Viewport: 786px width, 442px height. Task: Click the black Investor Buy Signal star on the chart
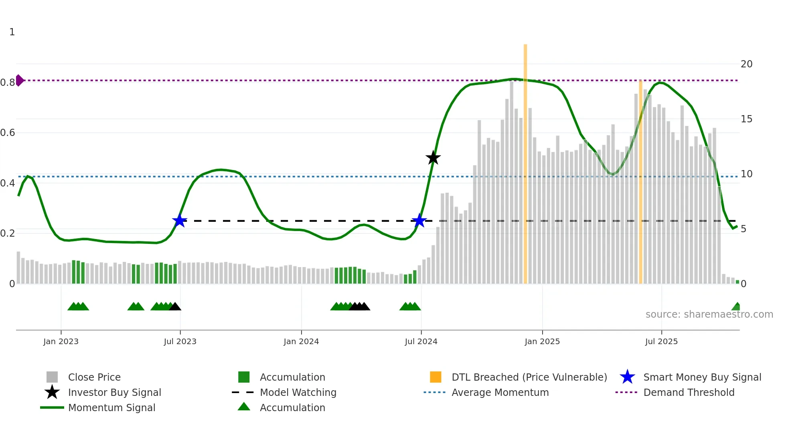point(433,158)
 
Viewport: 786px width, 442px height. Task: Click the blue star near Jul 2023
point(180,221)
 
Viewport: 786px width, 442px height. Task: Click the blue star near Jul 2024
point(419,221)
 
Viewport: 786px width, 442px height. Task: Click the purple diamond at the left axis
point(19,80)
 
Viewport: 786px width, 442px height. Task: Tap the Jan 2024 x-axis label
point(301,341)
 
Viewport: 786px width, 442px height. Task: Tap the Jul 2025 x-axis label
point(661,341)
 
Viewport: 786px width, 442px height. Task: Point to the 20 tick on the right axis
point(746,64)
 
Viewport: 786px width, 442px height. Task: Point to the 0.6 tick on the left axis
point(8,133)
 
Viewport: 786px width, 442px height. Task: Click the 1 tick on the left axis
point(12,32)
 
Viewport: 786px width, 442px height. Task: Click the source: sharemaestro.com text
point(709,314)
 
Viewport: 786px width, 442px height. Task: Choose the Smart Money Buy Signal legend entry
point(702,377)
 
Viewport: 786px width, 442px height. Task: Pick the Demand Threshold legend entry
point(689,392)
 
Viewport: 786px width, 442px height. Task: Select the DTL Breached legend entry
point(529,377)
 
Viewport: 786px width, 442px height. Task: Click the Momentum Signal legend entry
point(111,408)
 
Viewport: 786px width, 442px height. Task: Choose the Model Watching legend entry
point(298,392)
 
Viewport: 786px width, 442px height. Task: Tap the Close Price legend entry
point(94,377)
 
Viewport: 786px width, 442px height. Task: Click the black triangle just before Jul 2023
point(175,307)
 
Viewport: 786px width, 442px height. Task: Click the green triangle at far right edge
point(736,307)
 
